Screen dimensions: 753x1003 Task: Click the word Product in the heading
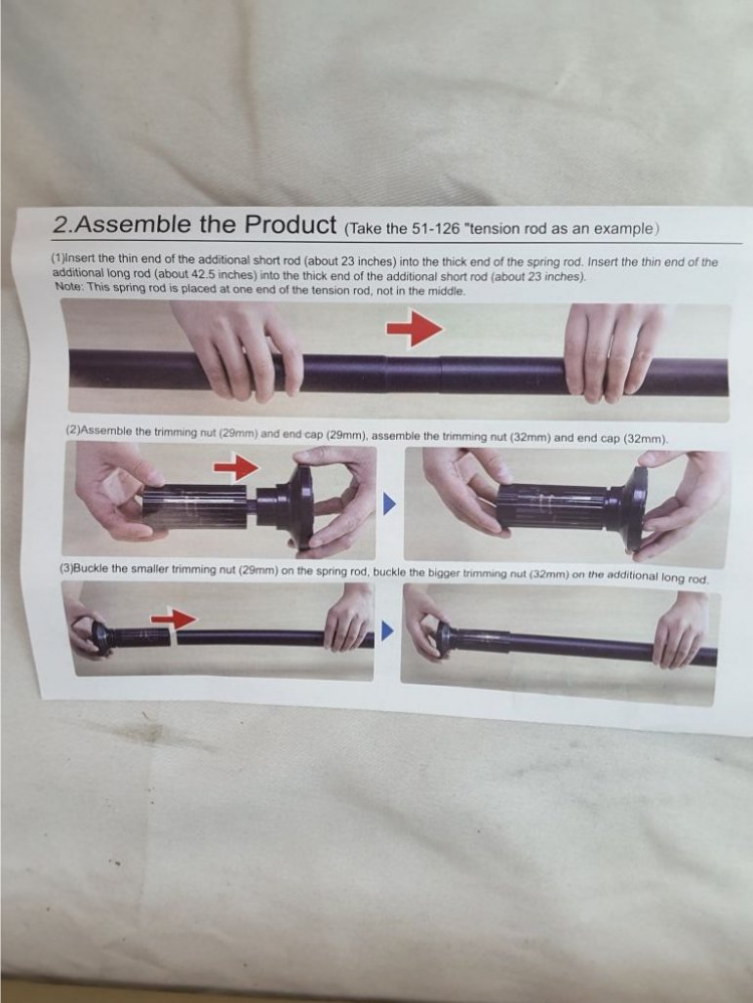click(291, 224)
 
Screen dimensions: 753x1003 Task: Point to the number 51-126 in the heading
click(436, 229)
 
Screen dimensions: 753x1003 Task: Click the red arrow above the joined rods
click(415, 328)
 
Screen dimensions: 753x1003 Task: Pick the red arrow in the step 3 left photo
click(174, 619)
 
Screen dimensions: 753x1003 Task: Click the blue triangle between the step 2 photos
click(389, 504)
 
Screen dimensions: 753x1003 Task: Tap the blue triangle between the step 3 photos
click(386, 630)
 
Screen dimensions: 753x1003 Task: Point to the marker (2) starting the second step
click(73, 429)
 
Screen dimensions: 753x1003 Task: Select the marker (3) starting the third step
click(66, 568)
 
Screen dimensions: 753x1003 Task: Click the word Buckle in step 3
click(91, 568)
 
